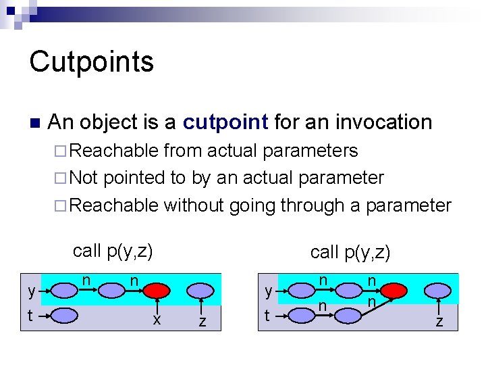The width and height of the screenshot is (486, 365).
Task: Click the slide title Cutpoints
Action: pyautogui.click(x=92, y=62)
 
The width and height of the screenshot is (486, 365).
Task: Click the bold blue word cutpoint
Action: pyautogui.click(x=226, y=122)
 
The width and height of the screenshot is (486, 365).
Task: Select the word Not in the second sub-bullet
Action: pyautogui.click(x=84, y=178)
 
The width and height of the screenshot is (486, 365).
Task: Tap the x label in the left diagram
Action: pyautogui.click(x=157, y=320)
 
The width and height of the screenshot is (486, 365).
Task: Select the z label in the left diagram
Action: pyautogui.click(x=202, y=322)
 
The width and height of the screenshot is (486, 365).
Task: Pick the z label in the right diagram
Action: pyautogui.click(x=439, y=321)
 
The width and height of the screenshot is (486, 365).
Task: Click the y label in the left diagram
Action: pyautogui.click(x=31, y=291)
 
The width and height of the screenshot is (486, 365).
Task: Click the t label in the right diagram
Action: pyautogui.click(x=268, y=315)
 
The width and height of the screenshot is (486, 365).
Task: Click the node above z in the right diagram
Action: pyautogui.click(x=439, y=291)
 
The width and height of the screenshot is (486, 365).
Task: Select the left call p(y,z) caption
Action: pyautogui.click(x=113, y=251)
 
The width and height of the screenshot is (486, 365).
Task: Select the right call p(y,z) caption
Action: pyautogui.click(x=350, y=252)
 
